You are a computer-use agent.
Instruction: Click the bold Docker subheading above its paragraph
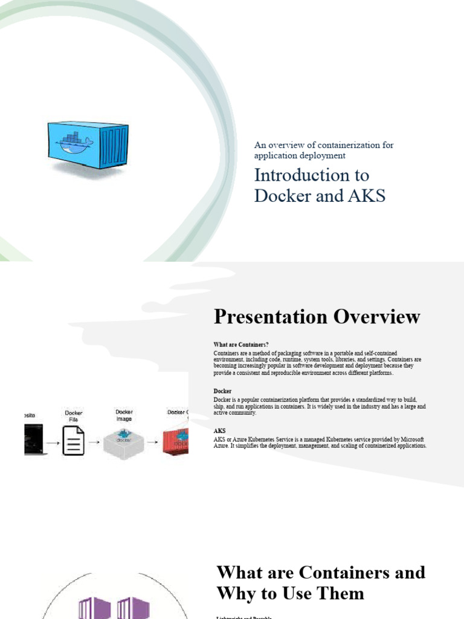click(222, 391)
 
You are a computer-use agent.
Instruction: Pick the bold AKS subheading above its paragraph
click(220, 431)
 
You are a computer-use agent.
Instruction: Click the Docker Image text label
click(124, 415)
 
